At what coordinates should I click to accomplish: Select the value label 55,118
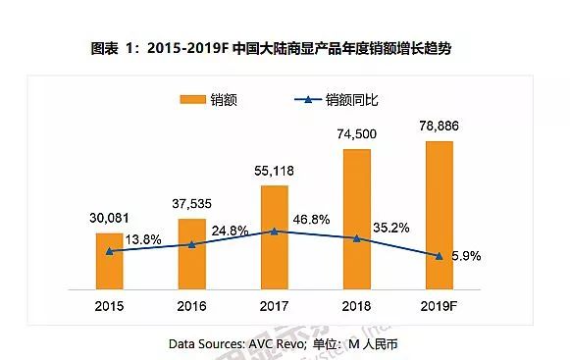click(275, 173)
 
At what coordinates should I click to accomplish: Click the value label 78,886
click(440, 129)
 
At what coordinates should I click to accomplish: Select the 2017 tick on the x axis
click(275, 306)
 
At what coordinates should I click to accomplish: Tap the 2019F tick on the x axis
click(440, 306)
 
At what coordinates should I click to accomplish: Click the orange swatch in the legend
click(192, 99)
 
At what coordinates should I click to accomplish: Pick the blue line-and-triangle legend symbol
click(306, 99)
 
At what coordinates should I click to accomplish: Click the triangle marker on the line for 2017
click(275, 231)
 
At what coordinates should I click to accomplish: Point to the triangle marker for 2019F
click(440, 256)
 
